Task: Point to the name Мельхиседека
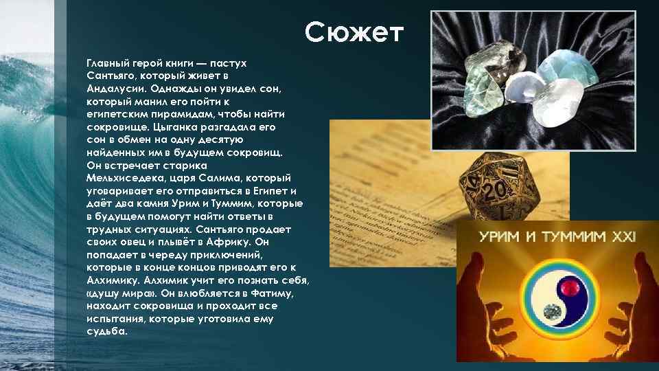[124, 179]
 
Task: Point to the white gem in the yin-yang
[549, 312]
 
